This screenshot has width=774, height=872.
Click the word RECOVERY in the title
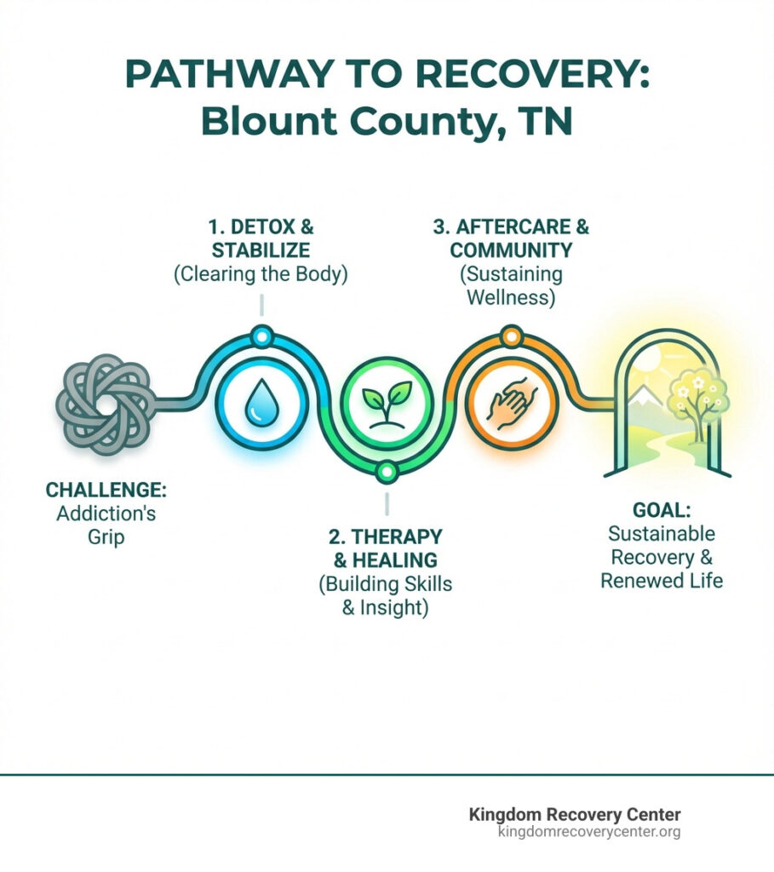coord(520,75)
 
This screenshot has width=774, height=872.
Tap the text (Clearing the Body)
coord(261,277)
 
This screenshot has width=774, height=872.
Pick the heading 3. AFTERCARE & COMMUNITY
coord(510,239)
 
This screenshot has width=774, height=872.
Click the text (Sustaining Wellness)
coord(510,286)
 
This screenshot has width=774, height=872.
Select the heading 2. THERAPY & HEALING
coord(385,548)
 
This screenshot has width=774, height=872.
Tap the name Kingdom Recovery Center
coord(575,814)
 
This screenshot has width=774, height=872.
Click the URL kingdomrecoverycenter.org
coord(588,832)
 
